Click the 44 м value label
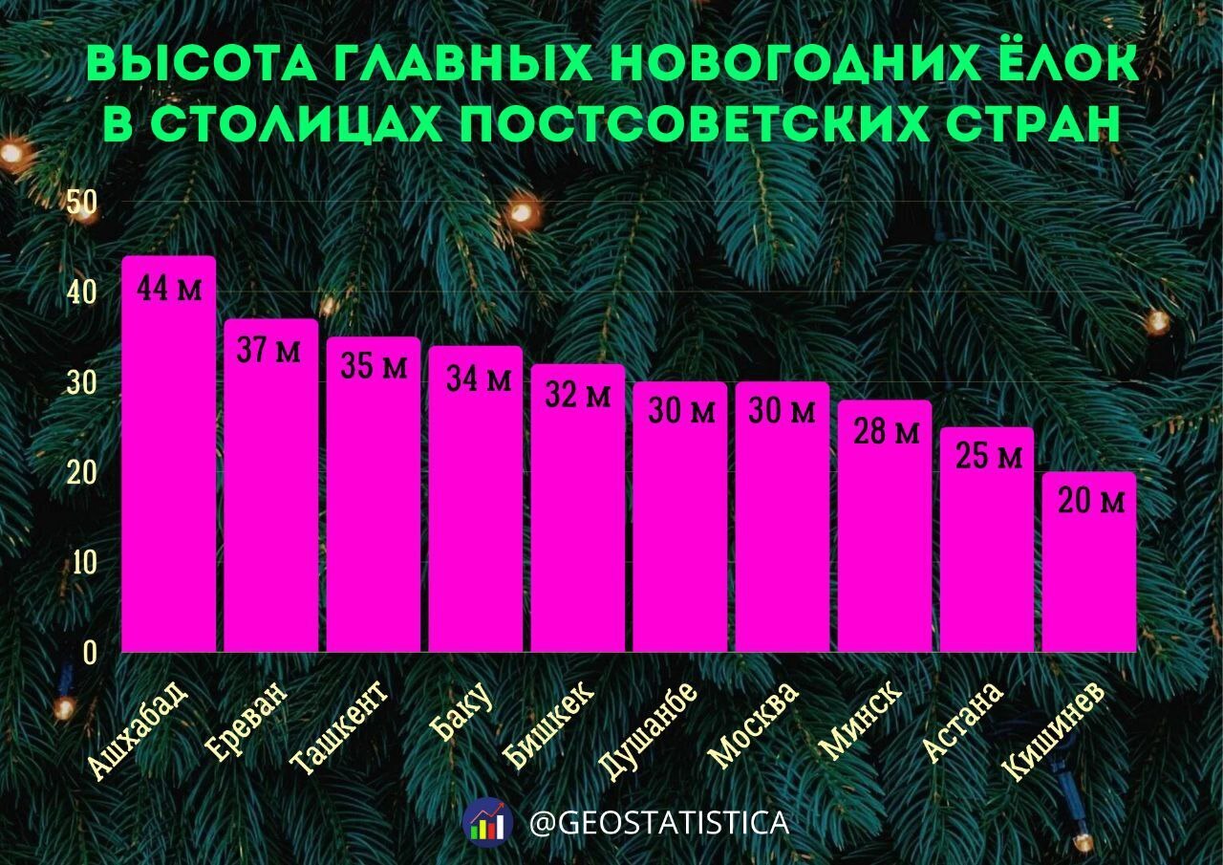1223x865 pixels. pos(169,289)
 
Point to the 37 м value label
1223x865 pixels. pos(268,350)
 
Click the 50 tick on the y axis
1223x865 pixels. pos(82,202)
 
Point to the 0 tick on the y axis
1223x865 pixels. pos(90,654)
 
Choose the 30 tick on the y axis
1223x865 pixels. pos(82,383)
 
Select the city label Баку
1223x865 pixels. pos(461,712)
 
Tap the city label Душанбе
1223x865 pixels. pos(648,731)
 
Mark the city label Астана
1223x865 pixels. pos(963,722)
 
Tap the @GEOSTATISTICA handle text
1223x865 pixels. pos(659,823)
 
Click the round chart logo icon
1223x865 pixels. pos(487,823)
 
